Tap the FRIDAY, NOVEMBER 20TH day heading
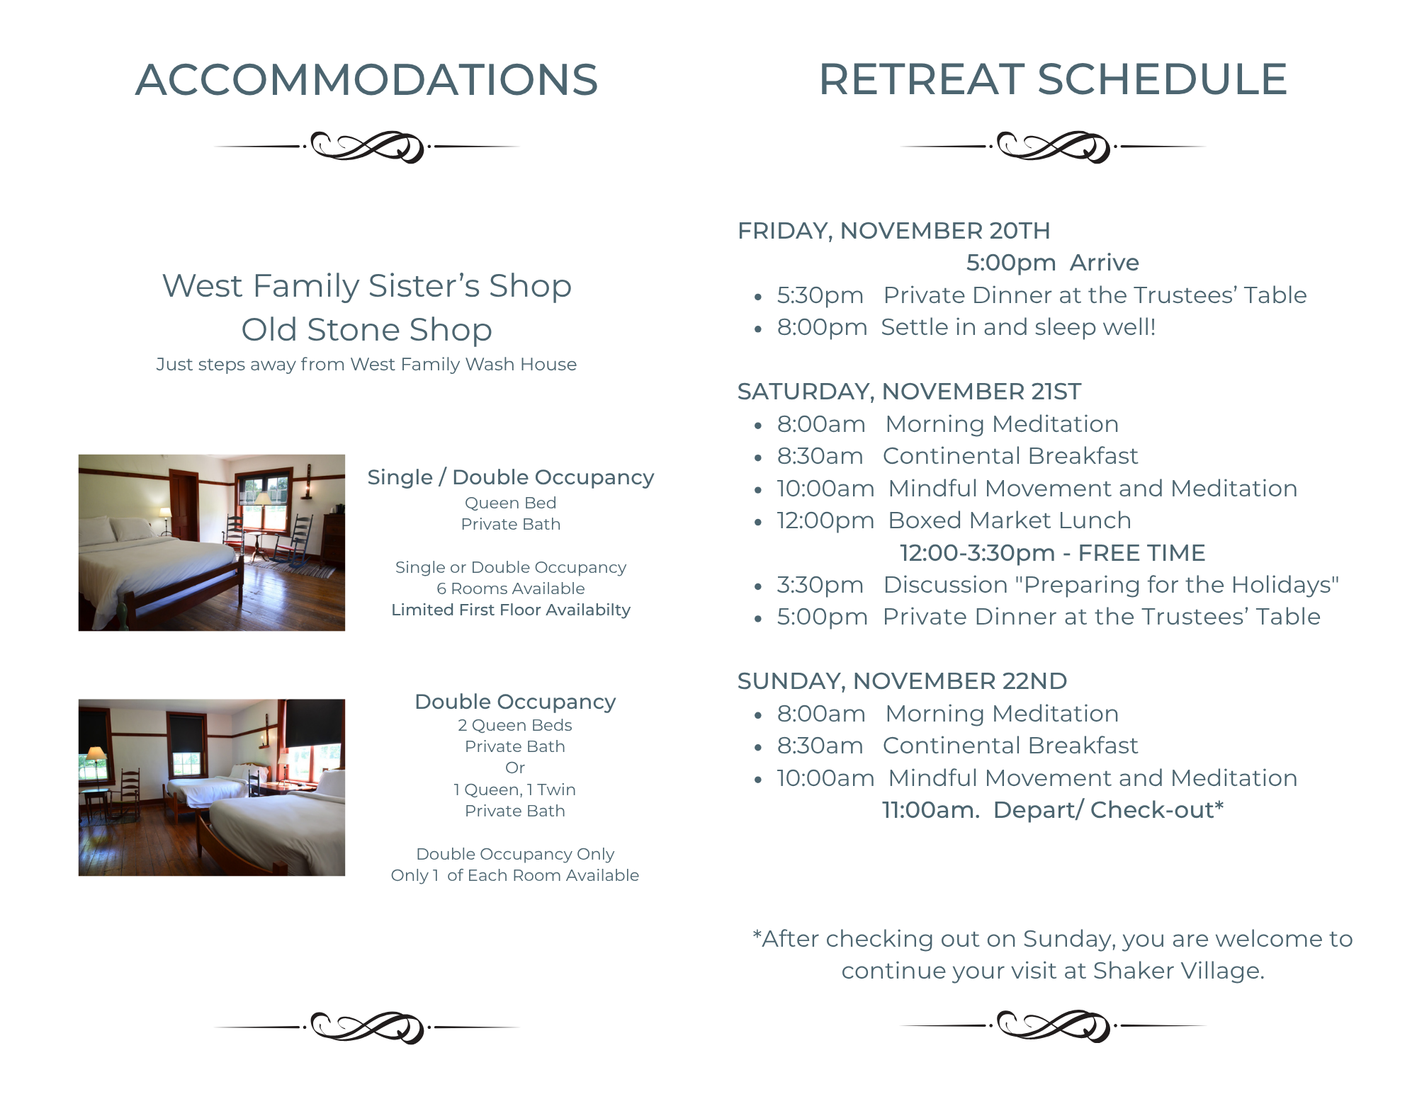tap(893, 231)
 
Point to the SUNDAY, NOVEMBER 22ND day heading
tap(902, 681)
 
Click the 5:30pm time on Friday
tap(820, 295)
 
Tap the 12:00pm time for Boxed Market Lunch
tap(825, 520)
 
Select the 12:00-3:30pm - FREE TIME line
tap(1052, 553)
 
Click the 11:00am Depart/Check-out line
tap(1052, 810)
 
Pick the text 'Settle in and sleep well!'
tap(1018, 327)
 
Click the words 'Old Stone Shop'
tap(366, 330)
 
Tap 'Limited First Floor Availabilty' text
tap(511, 610)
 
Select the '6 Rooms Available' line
tap(511, 588)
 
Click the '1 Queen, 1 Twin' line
tap(515, 790)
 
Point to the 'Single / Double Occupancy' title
tap(511, 477)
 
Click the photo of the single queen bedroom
tap(212, 542)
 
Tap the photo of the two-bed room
tap(212, 787)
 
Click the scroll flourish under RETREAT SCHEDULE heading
tap(1053, 147)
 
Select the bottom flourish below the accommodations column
tap(367, 1027)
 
